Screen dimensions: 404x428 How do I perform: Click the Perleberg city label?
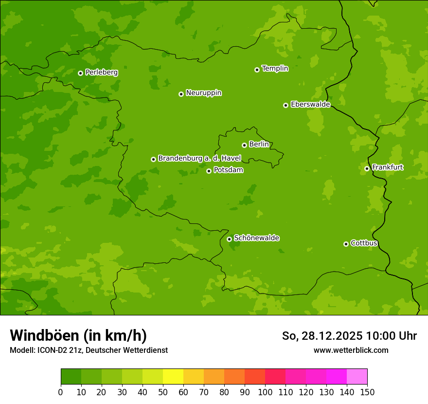101,73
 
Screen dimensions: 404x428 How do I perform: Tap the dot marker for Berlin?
244,145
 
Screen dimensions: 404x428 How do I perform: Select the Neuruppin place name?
203,93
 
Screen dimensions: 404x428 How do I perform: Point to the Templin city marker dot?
257,70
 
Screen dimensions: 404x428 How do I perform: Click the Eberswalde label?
310,105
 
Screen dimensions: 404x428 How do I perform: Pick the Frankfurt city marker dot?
367,168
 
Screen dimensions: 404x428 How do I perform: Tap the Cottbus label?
364,243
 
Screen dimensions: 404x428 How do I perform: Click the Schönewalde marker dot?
229,239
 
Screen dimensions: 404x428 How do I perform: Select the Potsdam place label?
228,170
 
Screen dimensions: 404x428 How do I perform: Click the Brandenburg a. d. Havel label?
199,159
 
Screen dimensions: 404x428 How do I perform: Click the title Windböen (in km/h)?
78,335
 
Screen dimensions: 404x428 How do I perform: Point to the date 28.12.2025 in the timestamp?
332,336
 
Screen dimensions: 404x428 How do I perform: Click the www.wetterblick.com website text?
351,350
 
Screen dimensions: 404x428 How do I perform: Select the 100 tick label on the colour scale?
265,392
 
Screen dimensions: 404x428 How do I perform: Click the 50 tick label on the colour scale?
163,392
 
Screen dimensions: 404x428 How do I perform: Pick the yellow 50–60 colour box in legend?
173,377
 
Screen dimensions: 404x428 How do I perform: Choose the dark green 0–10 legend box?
71,377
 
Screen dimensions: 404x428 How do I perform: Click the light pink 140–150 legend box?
357,377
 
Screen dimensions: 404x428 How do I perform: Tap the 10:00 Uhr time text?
391,336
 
